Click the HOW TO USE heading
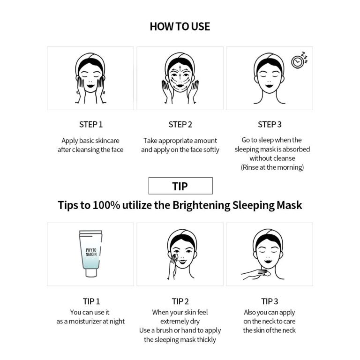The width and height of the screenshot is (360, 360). coord(180,27)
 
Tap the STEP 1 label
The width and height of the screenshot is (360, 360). coord(91,124)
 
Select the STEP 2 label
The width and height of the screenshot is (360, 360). coord(180,124)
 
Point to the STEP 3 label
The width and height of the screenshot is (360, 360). coord(270,124)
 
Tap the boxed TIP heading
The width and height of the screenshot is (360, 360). coord(180,186)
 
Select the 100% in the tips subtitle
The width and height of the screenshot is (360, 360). coord(106,205)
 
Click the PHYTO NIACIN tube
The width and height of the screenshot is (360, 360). coord(90,254)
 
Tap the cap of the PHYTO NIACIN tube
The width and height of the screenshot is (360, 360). coord(91,273)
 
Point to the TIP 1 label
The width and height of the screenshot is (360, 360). coord(91,301)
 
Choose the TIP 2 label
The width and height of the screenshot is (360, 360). coord(180,301)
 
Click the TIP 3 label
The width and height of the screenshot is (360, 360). coord(270,301)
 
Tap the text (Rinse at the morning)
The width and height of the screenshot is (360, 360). coord(272,167)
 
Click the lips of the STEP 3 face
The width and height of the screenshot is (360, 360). coord(269,86)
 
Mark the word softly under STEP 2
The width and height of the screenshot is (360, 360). coord(211,150)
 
